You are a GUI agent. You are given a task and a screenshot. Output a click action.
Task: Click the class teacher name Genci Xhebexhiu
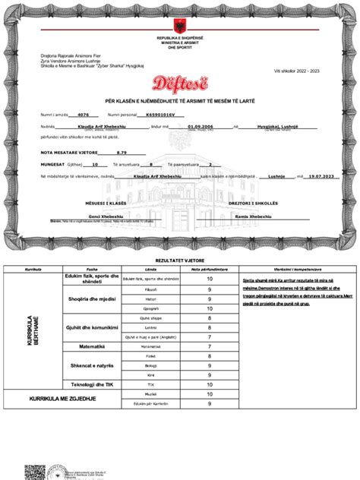coord(106,216)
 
